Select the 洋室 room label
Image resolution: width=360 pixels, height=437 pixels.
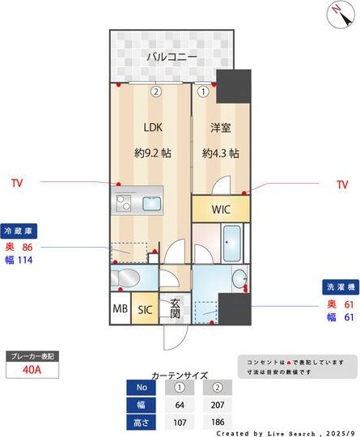pyautogui.click(x=220, y=127)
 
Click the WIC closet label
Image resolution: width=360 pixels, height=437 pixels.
pyautogui.click(x=221, y=210)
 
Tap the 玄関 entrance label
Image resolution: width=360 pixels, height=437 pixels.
pyautogui.click(x=175, y=308)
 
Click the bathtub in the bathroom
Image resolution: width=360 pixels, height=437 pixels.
pyautogui.click(x=233, y=242)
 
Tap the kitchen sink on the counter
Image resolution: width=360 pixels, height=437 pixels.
pyautogui.click(x=151, y=202)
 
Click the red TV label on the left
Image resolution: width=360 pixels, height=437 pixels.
pyautogui.click(x=17, y=184)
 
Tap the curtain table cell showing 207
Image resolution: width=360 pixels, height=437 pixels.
pyautogui.click(x=218, y=404)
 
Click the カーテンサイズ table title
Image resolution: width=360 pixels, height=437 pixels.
pyautogui.click(x=180, y=375)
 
